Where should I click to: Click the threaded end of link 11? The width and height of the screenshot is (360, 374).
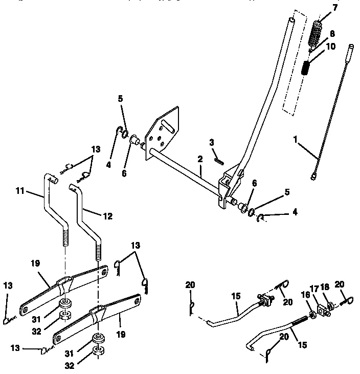click(x=65, y=237)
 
